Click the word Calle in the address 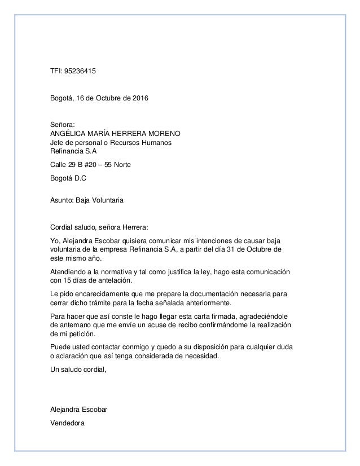pos(59,164)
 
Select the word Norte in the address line pos(125,164)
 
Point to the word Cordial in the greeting pos(62,227)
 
